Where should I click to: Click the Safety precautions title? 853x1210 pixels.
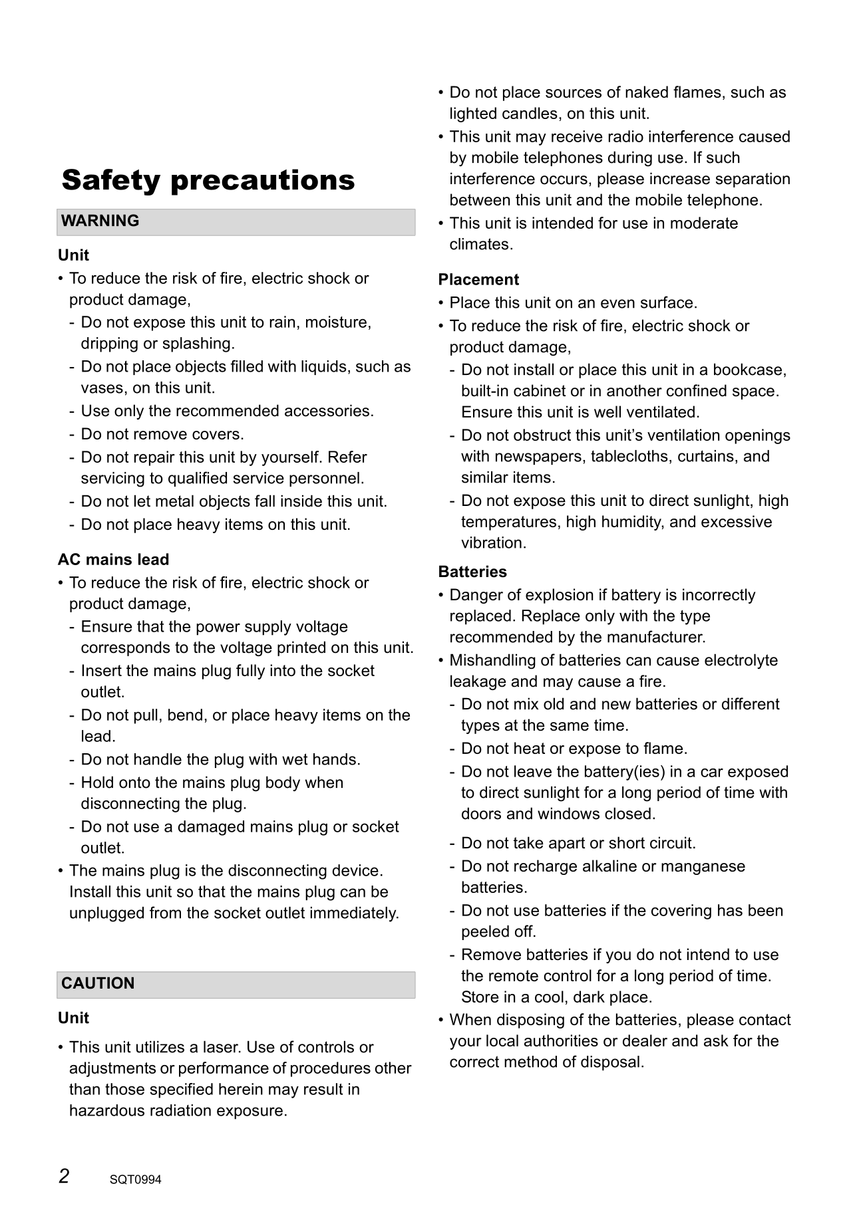coord(208,180)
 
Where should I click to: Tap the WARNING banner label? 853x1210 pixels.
coord(100,221)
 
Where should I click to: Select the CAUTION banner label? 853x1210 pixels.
coord(98,983)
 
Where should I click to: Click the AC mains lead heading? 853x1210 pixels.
coord(113,559)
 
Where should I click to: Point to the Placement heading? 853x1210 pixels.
coord(478,279)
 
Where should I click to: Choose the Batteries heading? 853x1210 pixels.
coord(472,572)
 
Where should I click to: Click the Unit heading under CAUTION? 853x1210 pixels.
coord(73,1018)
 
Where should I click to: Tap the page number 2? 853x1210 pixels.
coord(64,1177)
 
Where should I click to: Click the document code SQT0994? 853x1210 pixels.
coord(136,1180)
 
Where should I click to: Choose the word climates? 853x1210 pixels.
coord(481,244)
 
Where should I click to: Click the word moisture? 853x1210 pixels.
coord(339,322)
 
